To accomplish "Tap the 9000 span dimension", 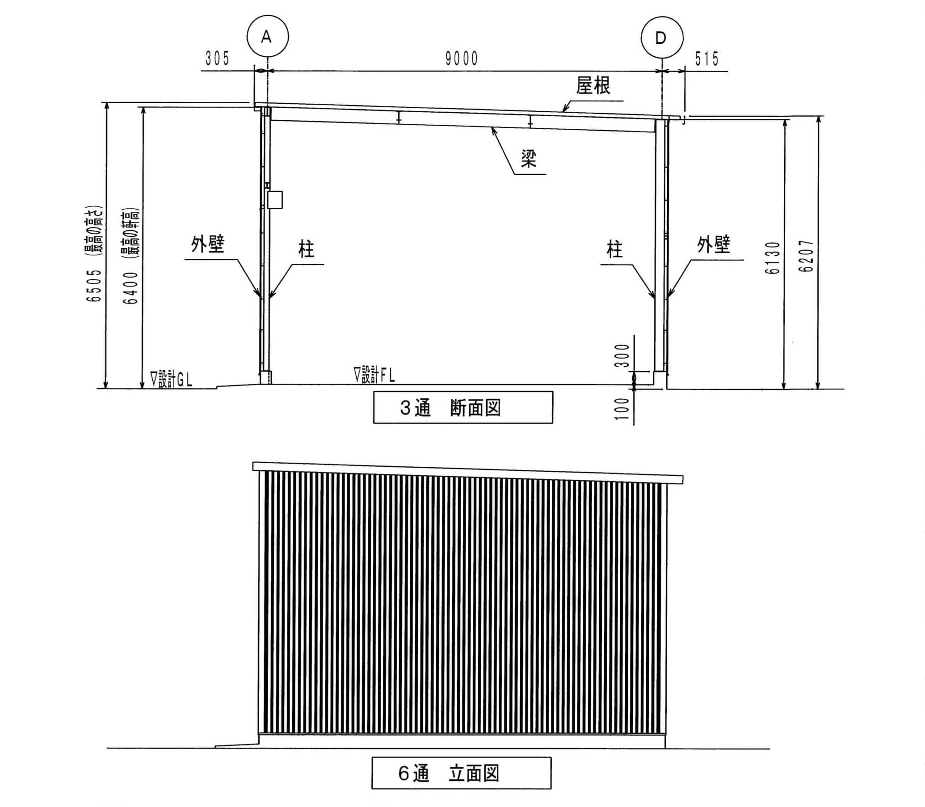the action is [x=462, y=59].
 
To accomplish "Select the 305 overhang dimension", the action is [x=218, y=59].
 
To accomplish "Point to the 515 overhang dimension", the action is [x=706, y=59].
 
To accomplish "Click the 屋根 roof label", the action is [x=593, y=85].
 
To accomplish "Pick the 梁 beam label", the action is [x=529, y=159].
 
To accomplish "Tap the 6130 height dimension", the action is [x=773, y=258].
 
